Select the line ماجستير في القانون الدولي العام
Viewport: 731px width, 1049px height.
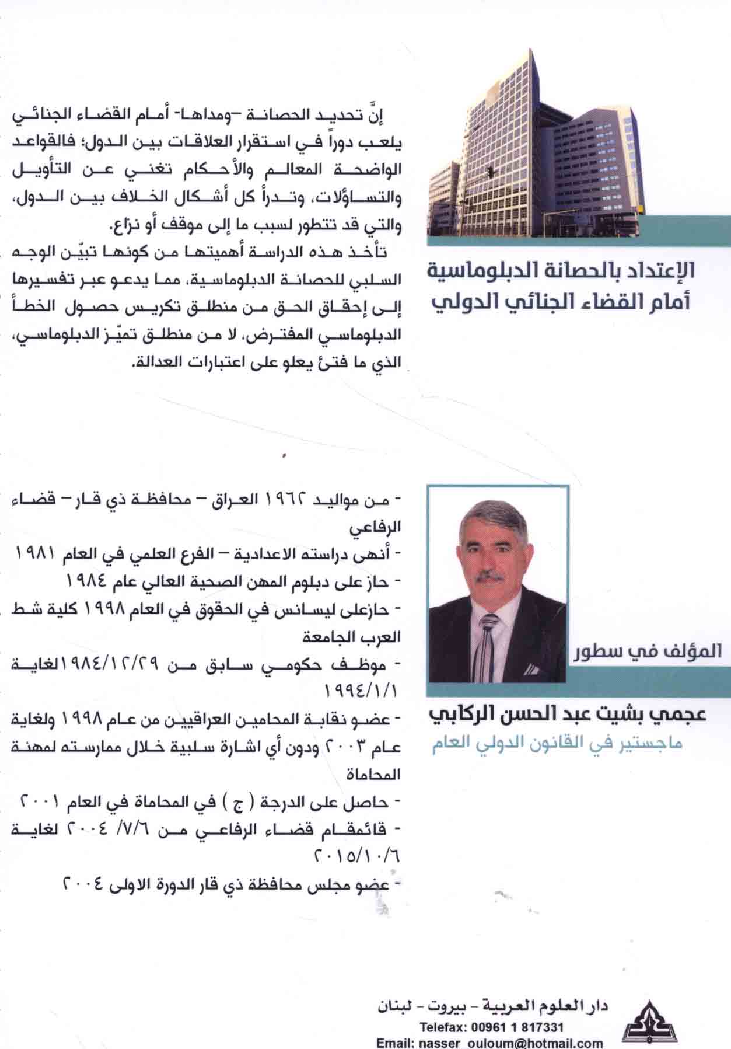click(557, 745)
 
